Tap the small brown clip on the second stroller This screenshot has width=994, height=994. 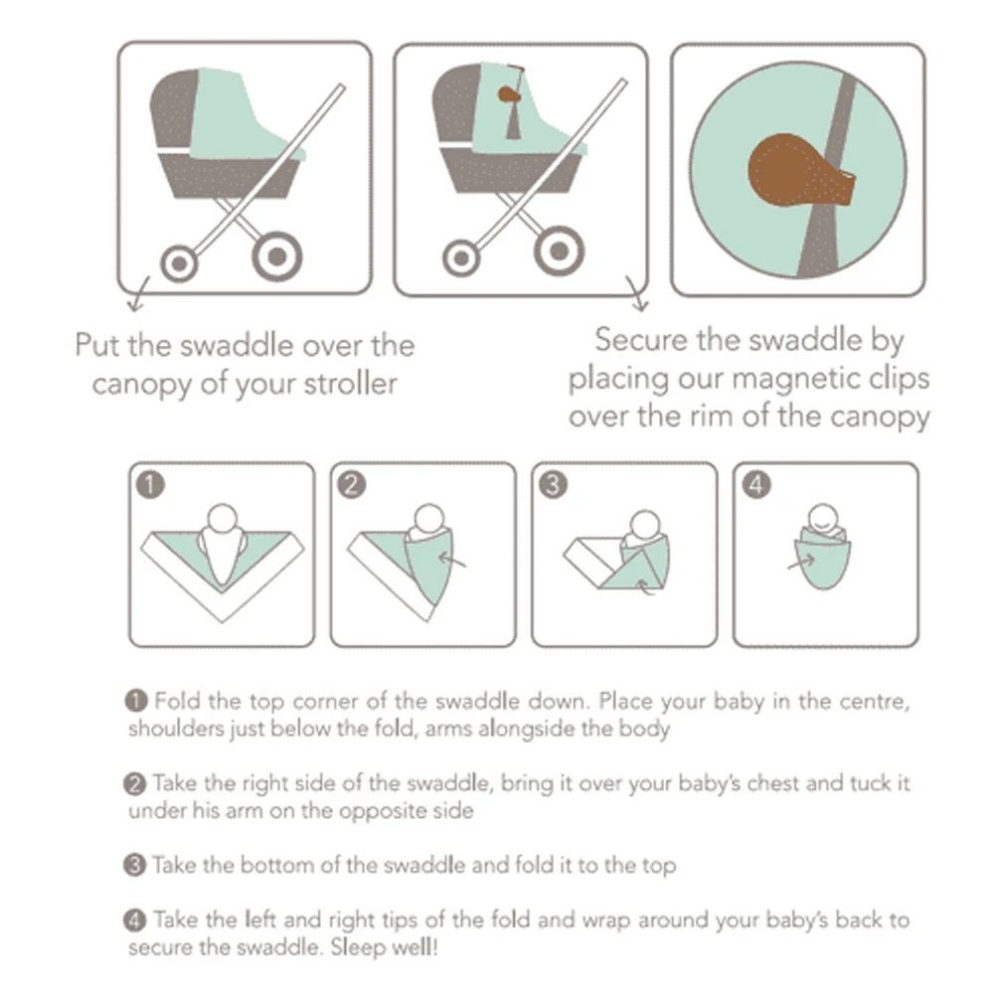pos(507,95)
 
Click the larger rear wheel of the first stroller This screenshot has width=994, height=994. pos(275,256)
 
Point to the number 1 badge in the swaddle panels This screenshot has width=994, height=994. pos(149,484)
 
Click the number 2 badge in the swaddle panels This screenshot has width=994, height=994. pos(351,484)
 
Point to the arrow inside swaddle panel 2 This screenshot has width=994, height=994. pos(454,562)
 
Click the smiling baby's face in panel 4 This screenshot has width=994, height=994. pos(825,518)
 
